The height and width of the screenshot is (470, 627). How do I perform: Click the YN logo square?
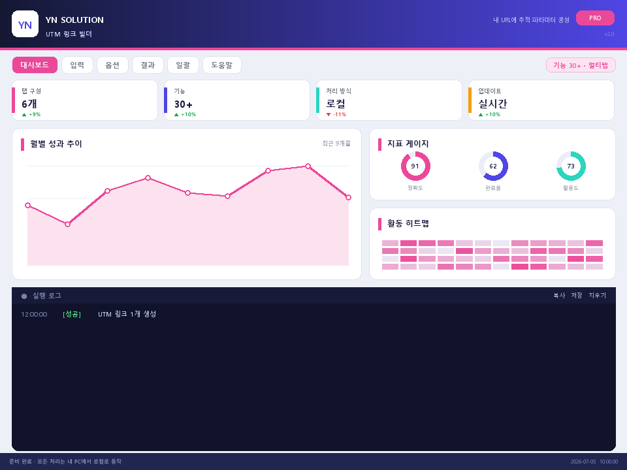coord(25,24)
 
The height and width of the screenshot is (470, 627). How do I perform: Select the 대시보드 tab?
coord(35,65)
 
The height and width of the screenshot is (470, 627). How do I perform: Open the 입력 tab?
coord(77,65)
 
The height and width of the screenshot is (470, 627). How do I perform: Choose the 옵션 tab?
coord(112,65)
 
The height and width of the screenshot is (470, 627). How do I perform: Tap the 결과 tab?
coord(148,65)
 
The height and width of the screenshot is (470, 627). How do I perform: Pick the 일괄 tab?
coord(183,65)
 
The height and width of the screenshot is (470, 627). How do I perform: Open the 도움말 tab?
coord(222,65)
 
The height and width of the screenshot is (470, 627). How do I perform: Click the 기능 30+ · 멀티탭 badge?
coord(581,65)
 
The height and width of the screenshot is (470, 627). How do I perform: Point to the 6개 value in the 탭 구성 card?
coord(29,104)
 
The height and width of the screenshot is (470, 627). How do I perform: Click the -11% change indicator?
coord(336,114)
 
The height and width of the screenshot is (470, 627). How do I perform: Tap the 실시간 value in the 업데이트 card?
coord(492,104)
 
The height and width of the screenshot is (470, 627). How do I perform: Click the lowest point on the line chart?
coord(67,224)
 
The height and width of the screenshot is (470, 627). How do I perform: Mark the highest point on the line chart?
coord(308,166)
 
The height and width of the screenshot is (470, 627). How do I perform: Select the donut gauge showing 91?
coord(415,153)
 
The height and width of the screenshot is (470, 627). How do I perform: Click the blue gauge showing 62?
coord(506,166)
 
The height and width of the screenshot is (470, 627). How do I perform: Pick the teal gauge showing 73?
coord(583,166)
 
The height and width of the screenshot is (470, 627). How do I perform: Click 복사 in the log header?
coord(559,295)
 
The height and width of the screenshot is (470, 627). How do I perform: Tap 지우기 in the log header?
coord(598,295)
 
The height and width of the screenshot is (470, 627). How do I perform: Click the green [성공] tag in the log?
coord(72,314)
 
